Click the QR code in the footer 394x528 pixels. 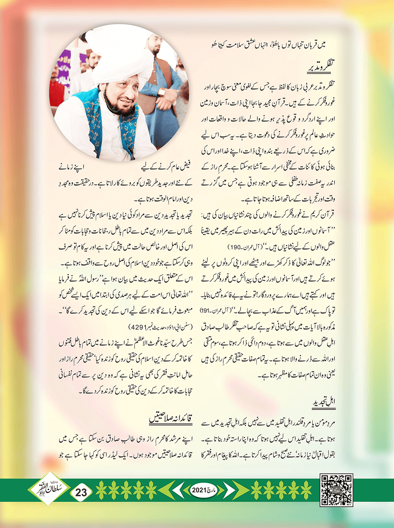coord(336,490)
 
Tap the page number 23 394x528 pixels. coord(81,492)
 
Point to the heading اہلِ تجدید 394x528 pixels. coord(324,402)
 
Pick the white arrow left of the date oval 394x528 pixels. coord(179,490)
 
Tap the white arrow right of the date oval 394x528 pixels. coord(228,490)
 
